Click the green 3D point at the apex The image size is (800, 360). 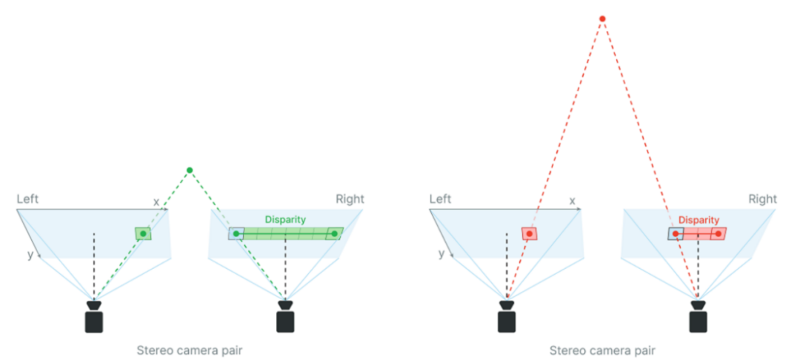190,170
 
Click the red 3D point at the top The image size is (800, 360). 602,19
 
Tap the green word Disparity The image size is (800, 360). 285,220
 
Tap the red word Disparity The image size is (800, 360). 699,220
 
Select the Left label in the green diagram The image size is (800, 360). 28,199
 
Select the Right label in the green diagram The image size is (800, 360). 350,199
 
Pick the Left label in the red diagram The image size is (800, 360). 441,199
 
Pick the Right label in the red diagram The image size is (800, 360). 762,199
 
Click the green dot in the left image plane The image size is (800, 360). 143,233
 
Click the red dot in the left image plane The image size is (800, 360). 529,233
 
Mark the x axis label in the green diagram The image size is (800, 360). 156,201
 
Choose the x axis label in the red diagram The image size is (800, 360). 572,201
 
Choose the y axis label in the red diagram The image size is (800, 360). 441,253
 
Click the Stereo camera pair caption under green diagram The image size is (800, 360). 190,350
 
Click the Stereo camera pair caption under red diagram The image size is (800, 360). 602,350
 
